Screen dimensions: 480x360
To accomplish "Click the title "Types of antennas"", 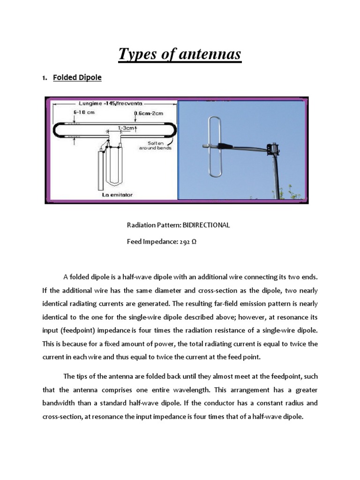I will [180, 54].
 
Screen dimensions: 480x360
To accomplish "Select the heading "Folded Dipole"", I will [77, 77].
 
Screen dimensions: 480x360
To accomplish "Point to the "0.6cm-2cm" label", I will [149, 113].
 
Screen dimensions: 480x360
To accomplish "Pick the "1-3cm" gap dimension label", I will [127, 127].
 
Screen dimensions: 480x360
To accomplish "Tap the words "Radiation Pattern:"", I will [154, 225].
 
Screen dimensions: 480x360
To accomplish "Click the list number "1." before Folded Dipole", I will [45, 78].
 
